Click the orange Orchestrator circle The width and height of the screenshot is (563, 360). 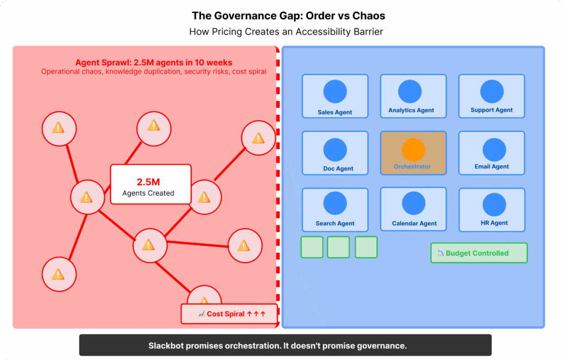tap(413, 150)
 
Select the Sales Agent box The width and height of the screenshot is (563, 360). tap(335, 96)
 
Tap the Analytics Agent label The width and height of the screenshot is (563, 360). tap(411, 110)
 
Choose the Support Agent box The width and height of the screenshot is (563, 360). tap(492, 96)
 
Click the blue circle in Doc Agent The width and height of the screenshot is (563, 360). tap(335, 150)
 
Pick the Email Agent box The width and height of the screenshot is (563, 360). tap(492, 153)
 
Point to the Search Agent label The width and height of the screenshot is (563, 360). tap(335, 224)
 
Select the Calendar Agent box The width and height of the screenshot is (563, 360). tap(413, 209)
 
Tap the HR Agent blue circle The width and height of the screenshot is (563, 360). tap(494, 204)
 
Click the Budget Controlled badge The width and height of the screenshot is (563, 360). tap(478, 253)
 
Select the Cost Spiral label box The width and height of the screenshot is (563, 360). tap(229, 314)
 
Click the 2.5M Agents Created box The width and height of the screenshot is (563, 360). tap(150, 184)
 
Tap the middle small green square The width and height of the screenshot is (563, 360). tap(338, 247)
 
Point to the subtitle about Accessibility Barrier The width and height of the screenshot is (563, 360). tap(285, 32)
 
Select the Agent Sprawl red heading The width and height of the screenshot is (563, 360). tap(153, 63)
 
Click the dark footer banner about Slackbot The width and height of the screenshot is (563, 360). tap(285, 346)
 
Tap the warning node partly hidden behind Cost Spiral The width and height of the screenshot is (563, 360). tap(204, 296)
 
